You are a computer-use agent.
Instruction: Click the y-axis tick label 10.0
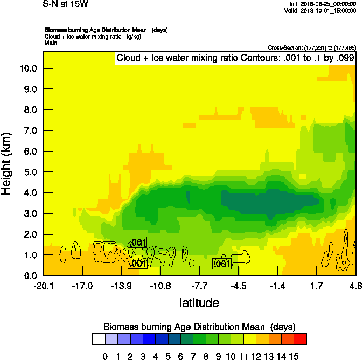coord(29,68)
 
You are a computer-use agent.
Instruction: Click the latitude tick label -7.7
coord(199,286)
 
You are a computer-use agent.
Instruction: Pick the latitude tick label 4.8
coord(355,286)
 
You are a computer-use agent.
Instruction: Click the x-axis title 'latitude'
coord(199,303)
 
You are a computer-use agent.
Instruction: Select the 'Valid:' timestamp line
coord(321,10)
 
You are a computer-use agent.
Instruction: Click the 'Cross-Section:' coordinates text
coord(312,47)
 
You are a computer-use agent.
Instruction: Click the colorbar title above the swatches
coord(199,327)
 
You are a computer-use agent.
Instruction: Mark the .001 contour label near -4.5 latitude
coord(222,264)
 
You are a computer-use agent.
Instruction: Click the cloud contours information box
coord(235,58)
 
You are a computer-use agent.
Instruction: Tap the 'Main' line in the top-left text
coord(51,42)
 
